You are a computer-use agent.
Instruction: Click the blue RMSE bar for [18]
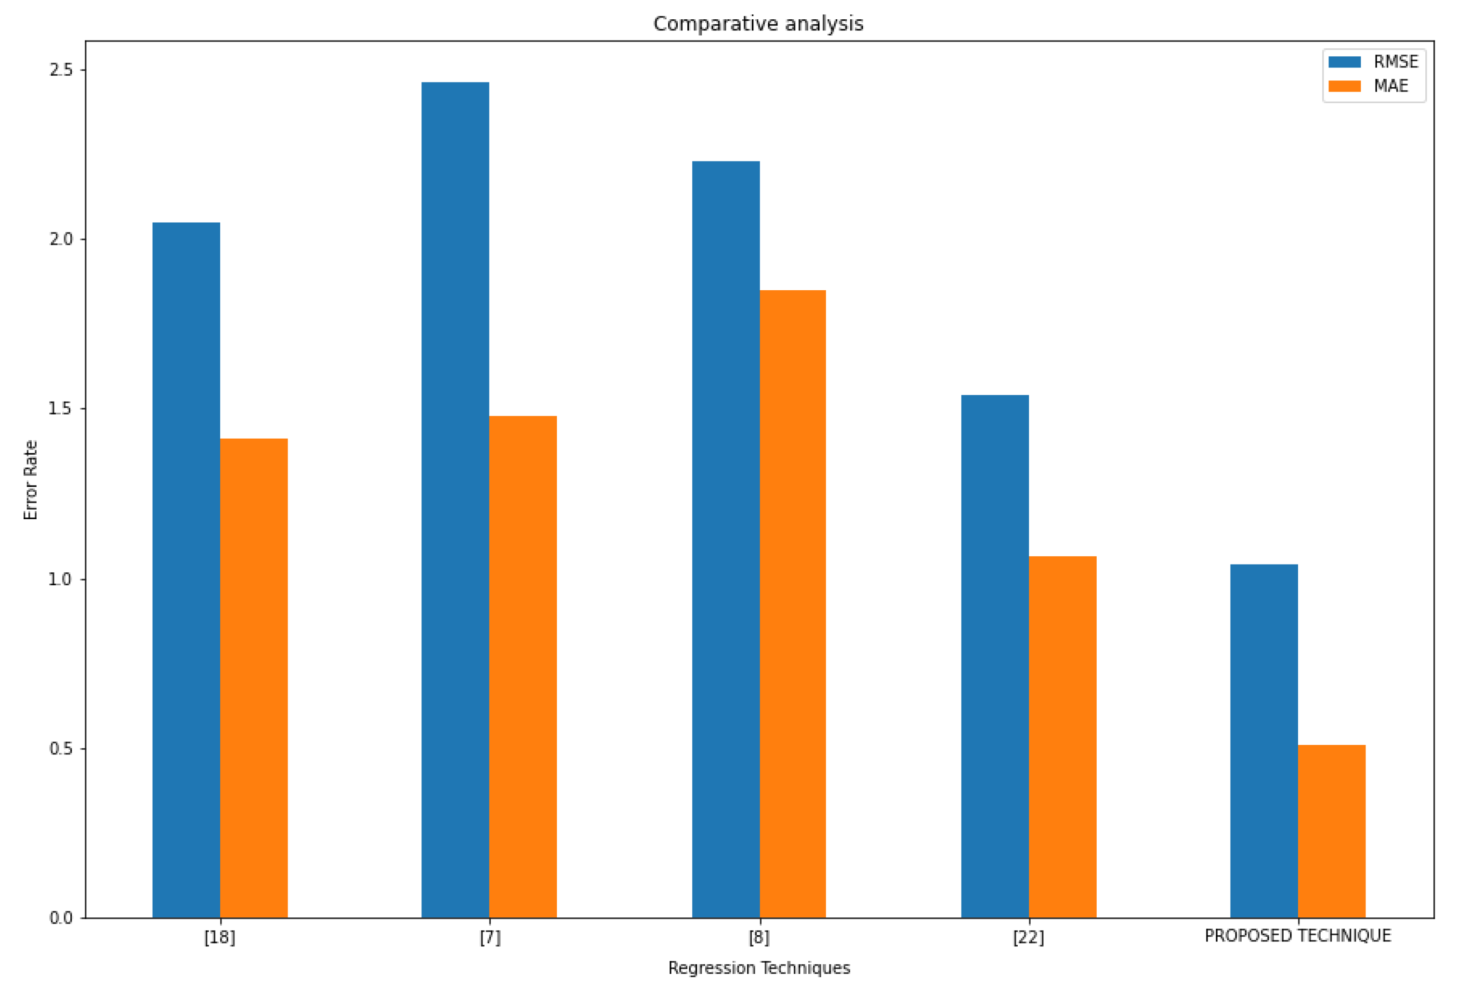coord(186,570)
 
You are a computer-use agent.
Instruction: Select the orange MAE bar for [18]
coord(253,678)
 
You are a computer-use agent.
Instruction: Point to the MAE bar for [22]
coord(1062,737)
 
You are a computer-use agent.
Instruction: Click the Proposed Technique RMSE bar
coord(1263,741)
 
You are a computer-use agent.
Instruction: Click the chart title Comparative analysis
coord(758,24)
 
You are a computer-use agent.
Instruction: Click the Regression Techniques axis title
coord(759,968)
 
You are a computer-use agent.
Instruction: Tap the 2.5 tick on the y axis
coord(61,69)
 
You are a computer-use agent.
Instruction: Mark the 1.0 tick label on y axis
coord(61,578)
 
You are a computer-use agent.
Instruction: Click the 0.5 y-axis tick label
coord(61,748)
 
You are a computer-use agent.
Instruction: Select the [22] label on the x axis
coord(1028,938)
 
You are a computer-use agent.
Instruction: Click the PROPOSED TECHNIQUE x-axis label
coord(1297,936)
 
